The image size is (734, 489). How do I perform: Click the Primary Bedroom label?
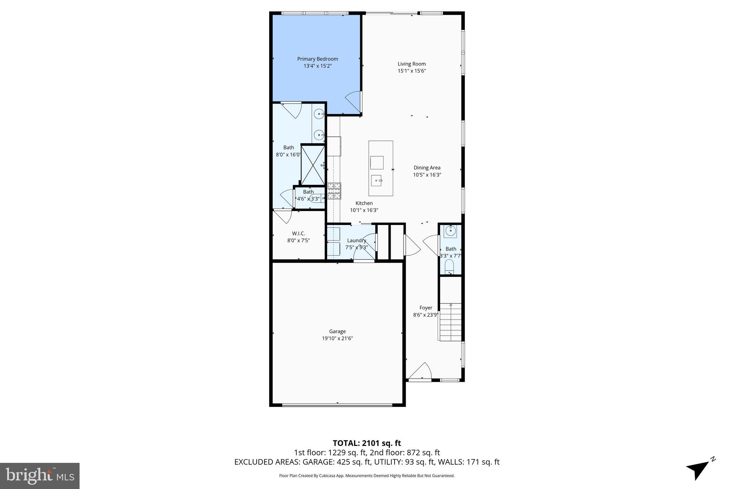point(317,59)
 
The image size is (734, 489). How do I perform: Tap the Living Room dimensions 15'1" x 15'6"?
point(411,71)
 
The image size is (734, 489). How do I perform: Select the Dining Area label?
point(427,168)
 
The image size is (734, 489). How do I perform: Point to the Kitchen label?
point(364,203)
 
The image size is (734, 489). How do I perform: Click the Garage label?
point(337,331)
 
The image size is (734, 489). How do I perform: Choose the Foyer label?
point(425,308)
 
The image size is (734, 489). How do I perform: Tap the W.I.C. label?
point(298,234)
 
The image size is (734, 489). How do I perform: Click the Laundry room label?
point(356,240)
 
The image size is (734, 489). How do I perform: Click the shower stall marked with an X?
point(313,165)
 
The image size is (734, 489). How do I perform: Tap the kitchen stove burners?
point(334,191)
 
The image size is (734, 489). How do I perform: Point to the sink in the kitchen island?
point(377,181)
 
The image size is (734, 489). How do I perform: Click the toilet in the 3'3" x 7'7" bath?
point(449,267)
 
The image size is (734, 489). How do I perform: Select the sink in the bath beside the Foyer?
point(451,231)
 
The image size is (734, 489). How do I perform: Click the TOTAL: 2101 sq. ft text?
point(367,443)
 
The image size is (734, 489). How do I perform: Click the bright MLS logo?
point(40,476)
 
